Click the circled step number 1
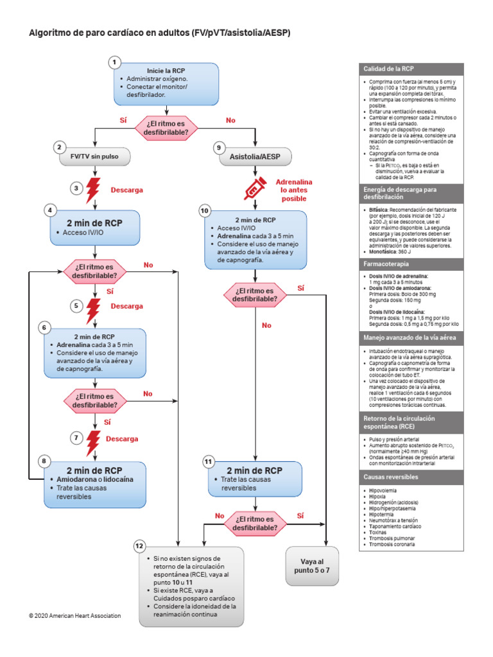point(114,62)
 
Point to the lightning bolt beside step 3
point(94,189)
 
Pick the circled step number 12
point(139,545)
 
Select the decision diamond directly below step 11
point(255,522)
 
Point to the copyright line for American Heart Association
point(74,615)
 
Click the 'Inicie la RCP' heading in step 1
point(166,70)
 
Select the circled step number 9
point(219,147)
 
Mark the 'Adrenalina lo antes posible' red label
point(293,190)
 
